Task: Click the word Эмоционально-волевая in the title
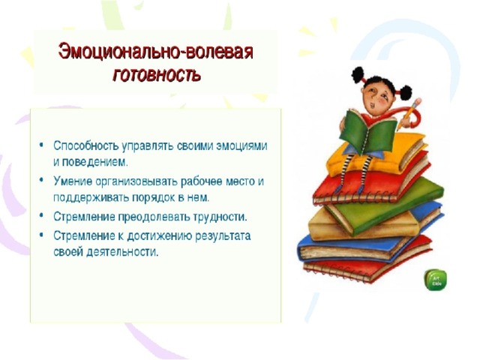point(156,52)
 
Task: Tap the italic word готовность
point(157,74)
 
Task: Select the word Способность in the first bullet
point(86,145)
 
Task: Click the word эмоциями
point(241,146)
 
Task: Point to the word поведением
point(95,162)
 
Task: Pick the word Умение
point(73,181)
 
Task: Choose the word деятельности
point(122,252)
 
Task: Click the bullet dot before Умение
point(41,180)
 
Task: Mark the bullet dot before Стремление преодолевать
point(41,215)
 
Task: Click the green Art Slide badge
point(435,280)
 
